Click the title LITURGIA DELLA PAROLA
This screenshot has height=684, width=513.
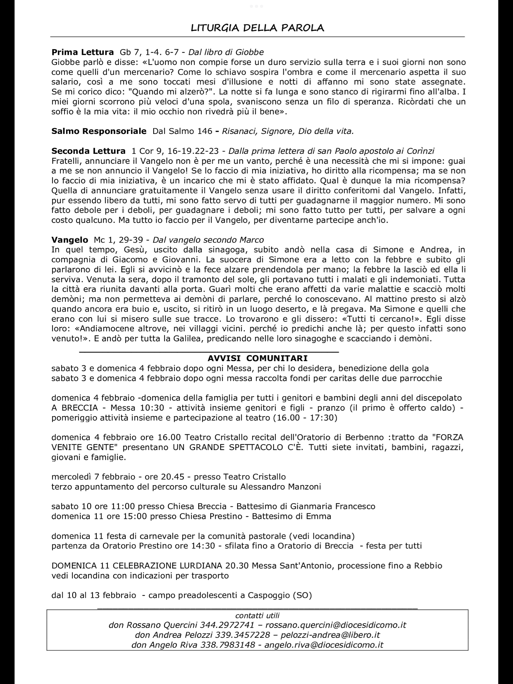point(257,28)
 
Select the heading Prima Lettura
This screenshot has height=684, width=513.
point(82,52)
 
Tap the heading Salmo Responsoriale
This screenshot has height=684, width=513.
point(99,131)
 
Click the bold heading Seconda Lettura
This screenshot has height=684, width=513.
point(88,151)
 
